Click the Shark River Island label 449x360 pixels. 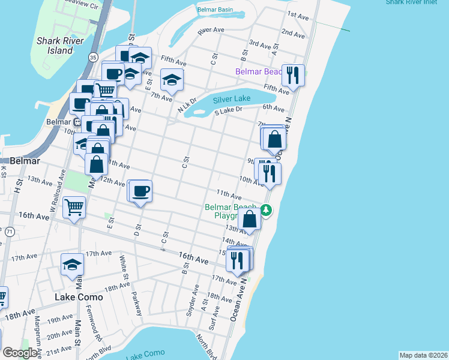[55, 46]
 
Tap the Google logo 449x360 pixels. [20, 353]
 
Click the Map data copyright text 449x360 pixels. [423, 355]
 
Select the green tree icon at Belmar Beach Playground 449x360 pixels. [266, 210]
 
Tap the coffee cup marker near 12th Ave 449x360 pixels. [141, 191]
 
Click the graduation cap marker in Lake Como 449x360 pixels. [72, 265]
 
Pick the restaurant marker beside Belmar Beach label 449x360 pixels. [293, 76]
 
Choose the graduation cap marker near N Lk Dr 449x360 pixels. [172, 80]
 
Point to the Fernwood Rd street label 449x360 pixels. [95, 326]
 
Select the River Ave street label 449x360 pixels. [211, 29]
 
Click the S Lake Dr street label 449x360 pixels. [228, 110]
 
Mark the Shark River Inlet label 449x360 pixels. [417, 2]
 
